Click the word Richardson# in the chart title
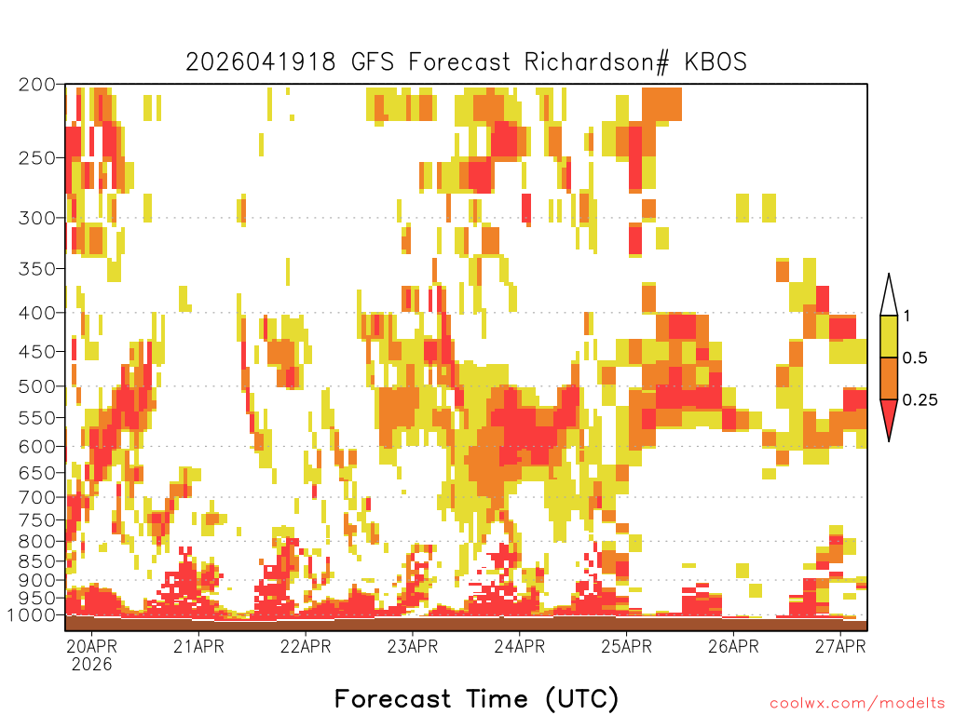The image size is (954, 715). point(597,62)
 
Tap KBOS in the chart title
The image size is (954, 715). point(715,62)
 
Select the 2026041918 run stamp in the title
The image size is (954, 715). point(261,62)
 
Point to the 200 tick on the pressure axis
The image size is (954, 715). point(37,85)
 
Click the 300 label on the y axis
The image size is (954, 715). point(37,218)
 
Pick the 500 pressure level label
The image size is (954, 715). point(37,386)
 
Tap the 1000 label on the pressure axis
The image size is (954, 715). point(31,614)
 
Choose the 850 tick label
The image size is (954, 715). point(37,561)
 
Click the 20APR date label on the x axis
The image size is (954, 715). point(92,646)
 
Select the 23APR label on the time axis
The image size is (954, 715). point(413,646)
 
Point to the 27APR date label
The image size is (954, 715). point(840,646)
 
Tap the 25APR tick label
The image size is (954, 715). point(627,646)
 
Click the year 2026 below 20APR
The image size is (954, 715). point(92,664)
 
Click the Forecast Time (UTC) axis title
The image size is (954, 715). point(476,698)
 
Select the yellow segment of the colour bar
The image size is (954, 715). point(889,336)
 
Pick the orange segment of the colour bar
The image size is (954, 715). point(889,378)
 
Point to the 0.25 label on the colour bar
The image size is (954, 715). point(920,400)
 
